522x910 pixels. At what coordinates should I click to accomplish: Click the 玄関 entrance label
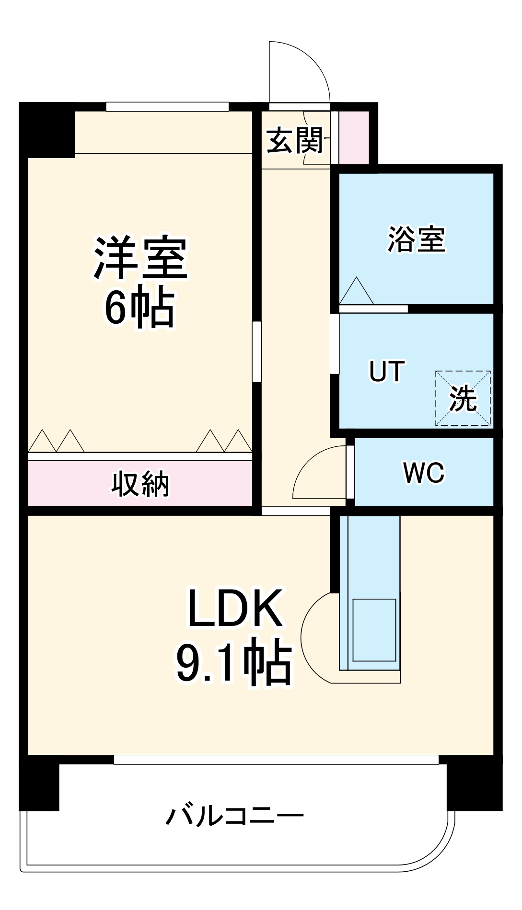[x=295, y=140]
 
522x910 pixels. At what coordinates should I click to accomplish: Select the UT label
[x=387, y=371]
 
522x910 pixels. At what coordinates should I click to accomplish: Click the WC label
[x=424, y=473]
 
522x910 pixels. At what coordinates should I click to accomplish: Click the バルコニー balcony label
[x=235, y=816]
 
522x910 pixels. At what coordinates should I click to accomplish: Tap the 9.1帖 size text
[x=234, y=662]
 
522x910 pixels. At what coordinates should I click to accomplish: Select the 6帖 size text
[x=140, y=307]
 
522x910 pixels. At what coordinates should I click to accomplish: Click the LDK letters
[x=235, y=608]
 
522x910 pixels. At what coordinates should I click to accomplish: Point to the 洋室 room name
[x=140, y=257]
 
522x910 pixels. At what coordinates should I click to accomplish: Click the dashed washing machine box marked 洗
[x=463, y=398]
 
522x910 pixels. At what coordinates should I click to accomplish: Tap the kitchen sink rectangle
[x=374, y=630]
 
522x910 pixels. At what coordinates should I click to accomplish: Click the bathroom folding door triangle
[x=356, y=290]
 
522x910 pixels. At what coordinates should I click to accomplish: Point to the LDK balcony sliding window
[x=276, y=760]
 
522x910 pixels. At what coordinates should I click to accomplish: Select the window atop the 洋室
[x=167, y=107]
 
